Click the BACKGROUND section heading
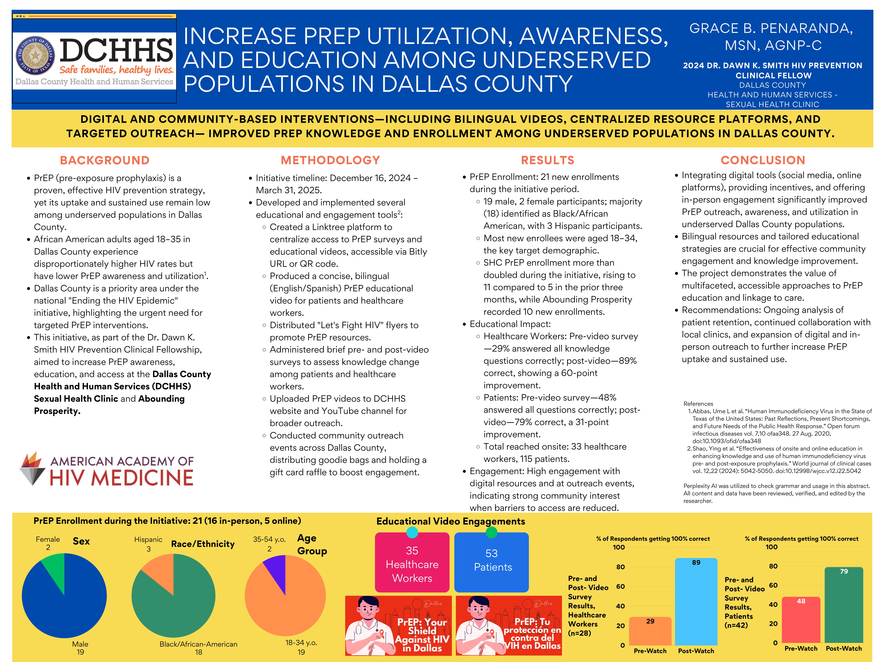[105, 160]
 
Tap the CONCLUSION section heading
[763, 160]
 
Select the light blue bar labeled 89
[696, 603]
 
